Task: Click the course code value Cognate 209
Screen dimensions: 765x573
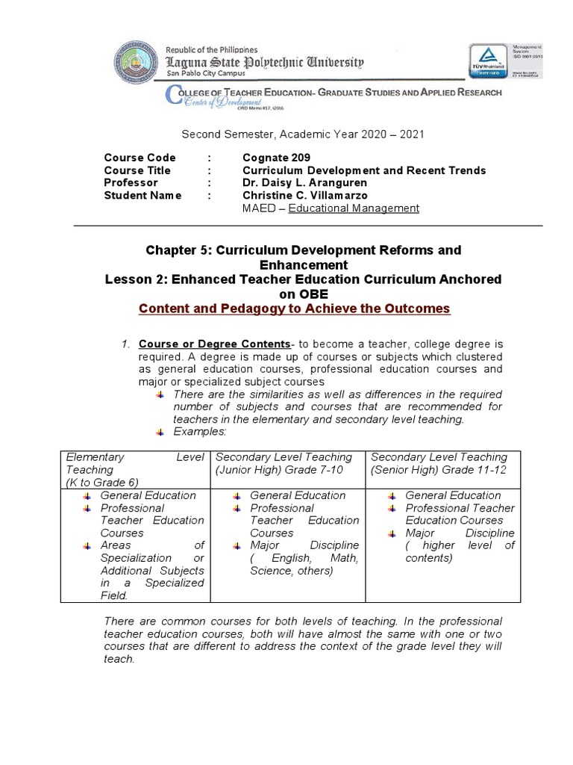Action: (x=276, y=158)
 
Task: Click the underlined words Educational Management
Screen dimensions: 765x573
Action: (x=354, y=208)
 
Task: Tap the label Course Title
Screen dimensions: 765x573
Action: (x=137, y=170)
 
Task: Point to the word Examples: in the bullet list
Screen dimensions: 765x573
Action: (x=199, y=432)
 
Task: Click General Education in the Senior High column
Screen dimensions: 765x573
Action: (x=453, y=495)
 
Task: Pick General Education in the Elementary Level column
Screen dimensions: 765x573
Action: (x=148, y=495)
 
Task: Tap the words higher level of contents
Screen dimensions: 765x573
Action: (x=460, y=551)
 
